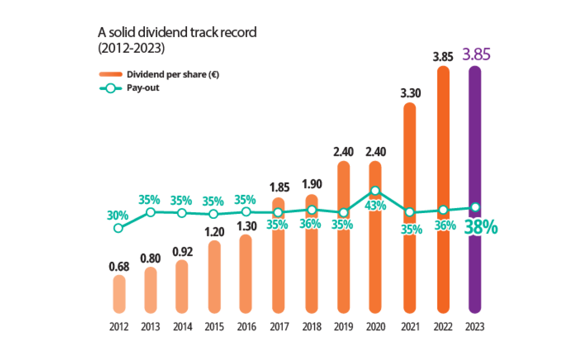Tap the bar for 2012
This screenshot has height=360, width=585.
119,294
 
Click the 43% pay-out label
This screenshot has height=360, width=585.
375,206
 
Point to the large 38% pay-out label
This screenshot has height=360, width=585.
480,227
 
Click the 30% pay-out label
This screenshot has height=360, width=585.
117,215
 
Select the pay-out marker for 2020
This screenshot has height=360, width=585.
375,190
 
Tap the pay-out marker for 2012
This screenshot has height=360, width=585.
119,228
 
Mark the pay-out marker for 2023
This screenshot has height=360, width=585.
476,207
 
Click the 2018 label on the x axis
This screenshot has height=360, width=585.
311,327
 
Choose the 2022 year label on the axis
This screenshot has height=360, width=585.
443,327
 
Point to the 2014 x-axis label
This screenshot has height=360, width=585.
182,327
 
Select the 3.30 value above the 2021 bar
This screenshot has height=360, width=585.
410,93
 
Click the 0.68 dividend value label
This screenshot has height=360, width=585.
119,266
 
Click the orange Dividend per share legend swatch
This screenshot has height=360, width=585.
111,74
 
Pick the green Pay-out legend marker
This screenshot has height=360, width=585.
111,89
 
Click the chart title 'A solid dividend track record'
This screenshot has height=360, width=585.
177,32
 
